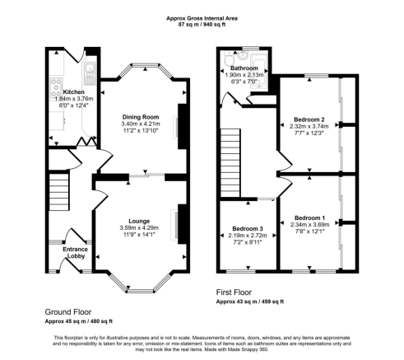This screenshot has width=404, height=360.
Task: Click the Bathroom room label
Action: (244, 68)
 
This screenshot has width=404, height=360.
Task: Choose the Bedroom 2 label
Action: (309, 119)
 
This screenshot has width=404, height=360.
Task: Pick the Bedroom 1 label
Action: (309, 217)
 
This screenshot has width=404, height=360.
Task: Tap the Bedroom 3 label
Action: (248, 228)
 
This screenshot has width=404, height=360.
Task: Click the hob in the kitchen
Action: (54, 82)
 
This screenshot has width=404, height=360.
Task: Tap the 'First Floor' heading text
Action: (234, 292)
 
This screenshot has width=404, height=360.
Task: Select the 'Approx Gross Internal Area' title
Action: (202, 17)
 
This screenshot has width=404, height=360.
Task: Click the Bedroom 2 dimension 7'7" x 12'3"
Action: (309, 136)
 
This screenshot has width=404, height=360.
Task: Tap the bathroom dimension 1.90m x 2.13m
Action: (244, 76)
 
